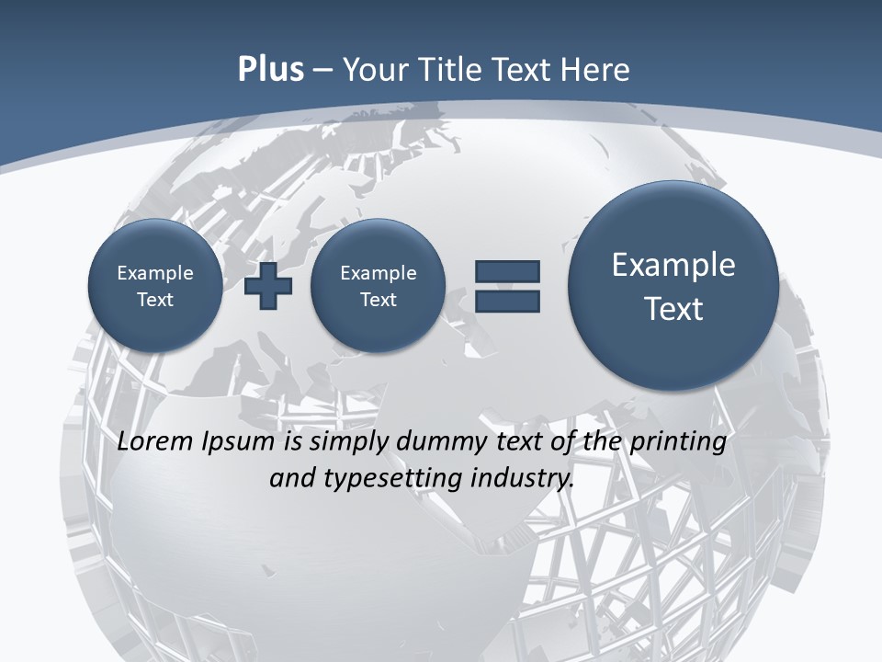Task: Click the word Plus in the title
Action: point(270,70)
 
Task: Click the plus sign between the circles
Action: point(268,285)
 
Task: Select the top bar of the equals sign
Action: point(507,271)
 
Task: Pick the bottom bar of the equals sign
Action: point(507,302)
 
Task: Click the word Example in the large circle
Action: point(673,265)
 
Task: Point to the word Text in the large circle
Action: point(673,309)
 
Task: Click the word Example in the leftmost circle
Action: point(154,273)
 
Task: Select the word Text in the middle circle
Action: point(378,300)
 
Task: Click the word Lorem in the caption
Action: point(155,442)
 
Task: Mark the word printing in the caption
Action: point(678,442)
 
